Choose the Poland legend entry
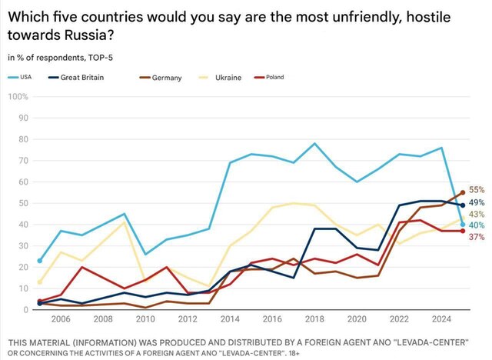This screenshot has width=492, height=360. tap(294, 78)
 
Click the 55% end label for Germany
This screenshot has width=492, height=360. tap(477, 189)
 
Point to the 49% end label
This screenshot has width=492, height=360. tap(477, 203)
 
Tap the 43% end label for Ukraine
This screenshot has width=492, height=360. tap(477, 214)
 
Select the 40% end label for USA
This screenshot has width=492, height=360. tap(477, 225)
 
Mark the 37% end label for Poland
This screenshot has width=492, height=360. tap(477, 237)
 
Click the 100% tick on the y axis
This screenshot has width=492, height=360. tap(18, 97)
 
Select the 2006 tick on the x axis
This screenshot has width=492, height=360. tap(61, 319)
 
